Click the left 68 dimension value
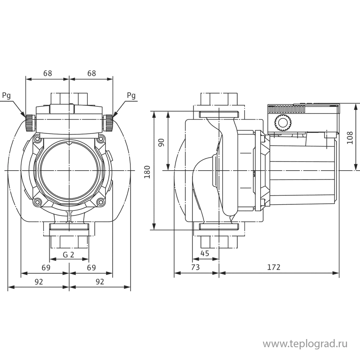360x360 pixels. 48,73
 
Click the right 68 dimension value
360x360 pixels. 92,73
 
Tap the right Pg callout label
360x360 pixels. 131,95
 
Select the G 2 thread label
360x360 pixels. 68,255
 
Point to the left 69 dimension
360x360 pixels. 45,267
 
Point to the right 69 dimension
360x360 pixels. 91,267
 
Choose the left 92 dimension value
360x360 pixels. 39,282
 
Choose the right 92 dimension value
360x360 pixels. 100,282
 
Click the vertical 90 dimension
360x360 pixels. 161,142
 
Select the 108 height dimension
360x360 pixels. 350,137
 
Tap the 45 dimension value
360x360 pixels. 205,253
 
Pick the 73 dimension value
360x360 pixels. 195,267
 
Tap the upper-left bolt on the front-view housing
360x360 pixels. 37,139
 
